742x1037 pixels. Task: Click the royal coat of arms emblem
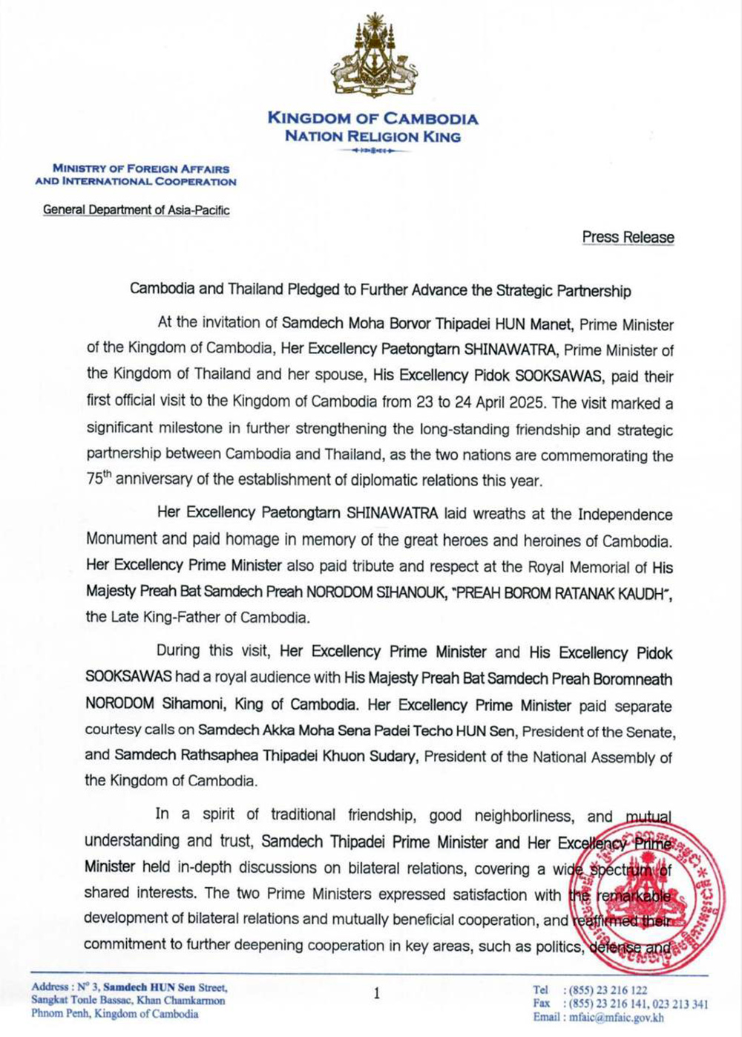click(x=372, y=56)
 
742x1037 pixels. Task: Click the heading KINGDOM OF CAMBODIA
click(x=372, y=118)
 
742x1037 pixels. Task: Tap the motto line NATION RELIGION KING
click(x=372, y=137)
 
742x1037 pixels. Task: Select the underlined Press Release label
click(x=628, y=238)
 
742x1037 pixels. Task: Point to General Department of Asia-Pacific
click(x=137, y=210)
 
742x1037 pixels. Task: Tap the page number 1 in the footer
click(x=377, y=993)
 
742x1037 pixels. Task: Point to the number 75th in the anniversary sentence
click(x=99, y=479)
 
